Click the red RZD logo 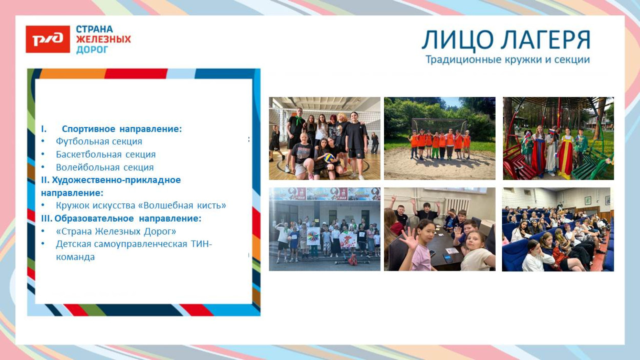pyautogui.click(x=48, y=39)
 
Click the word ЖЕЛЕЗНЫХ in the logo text pyautogui.click(x=103, y=39)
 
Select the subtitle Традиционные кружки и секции pyautogui.click(x=507, y=60)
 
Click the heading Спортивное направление pyautogui.click(x=122, y=129)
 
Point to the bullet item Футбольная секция pyautogui.click(x=99, y=141)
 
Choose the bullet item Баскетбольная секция pyautogui.click(x=105, y=154)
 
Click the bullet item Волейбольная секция pyautogui.click(x=104, y=167)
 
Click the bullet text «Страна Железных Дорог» pyautogui.click(x=116, y=231)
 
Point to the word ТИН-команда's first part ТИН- pyautogui.click(x=202, y=244)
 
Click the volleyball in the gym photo pyautogui.click(x=328, y=158)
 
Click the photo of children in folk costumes pyautogui.click(x=558, y=138)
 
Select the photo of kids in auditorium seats pyautogui.click(x=558, y=229)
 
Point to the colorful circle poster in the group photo pyautogui.click(x=313, y=236)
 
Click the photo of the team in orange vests pyautogui.click(x=439, y=138)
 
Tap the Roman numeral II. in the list pyautogui.click(x=45, y=180)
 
